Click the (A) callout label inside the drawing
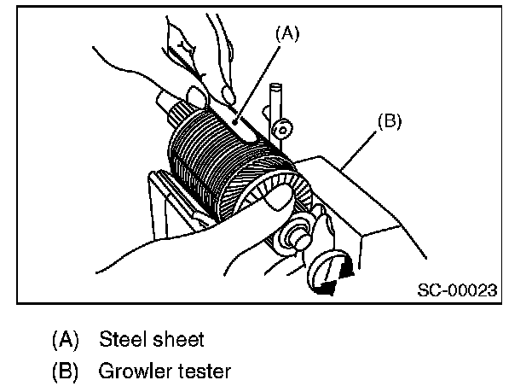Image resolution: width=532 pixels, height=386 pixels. (287, 33)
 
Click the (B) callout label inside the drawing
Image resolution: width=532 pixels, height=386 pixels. (389, 121)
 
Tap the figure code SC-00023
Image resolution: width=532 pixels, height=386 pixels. (457, 290)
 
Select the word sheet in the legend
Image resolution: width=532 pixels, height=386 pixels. (178, 339)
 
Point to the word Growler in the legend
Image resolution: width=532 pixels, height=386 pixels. (135, 371)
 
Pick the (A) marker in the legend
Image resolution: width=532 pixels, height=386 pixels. (65, 339)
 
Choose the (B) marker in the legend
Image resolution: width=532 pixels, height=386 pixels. (65, 371)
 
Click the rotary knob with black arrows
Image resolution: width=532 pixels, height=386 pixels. (329, 272)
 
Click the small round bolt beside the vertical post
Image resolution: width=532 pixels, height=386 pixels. (283, 129)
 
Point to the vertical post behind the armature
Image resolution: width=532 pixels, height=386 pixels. (275, 112)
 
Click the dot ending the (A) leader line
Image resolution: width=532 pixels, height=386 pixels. (234, 122)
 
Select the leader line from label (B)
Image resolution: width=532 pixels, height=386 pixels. (359, 150)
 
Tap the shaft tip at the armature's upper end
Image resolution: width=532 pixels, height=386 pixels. (165, 101)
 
